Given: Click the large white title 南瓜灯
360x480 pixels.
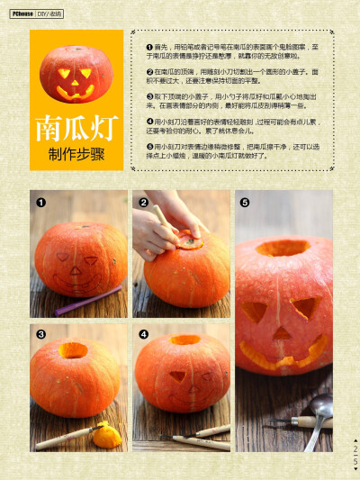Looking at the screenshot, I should [x=76, y=129].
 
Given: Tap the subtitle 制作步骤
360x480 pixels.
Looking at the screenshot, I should [x=76, y=154].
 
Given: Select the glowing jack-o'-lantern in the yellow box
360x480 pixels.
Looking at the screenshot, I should [x=76, y=74].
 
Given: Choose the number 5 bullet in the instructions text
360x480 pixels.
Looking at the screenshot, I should [x=148, y=146].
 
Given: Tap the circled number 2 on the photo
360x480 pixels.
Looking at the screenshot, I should [x=143, y=203].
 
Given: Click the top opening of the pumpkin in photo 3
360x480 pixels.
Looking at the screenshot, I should [x=74, y=350].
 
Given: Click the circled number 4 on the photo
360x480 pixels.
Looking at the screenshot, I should [x=143, y=334].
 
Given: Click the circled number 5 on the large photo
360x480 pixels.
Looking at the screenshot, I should [x=245, y=203].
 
